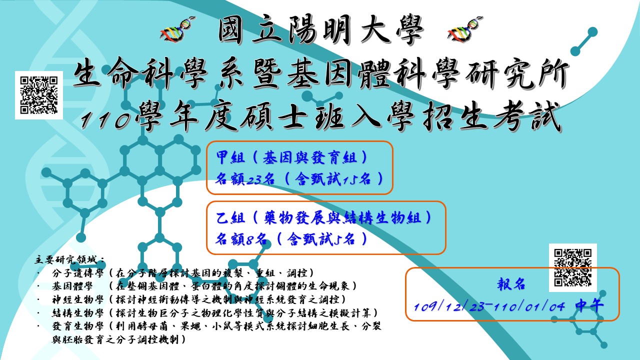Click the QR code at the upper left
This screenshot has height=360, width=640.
coord(39,95)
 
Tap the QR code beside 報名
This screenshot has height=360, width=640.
coord(573,267)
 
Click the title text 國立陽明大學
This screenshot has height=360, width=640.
coord(320,30)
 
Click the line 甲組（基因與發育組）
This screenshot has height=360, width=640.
coord(291,157)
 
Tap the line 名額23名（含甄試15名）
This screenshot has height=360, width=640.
coord(299,179)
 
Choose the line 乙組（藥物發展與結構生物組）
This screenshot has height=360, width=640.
coord(323,218)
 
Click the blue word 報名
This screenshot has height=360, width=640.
coord(511,284)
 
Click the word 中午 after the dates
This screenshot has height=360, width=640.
coord(589,305)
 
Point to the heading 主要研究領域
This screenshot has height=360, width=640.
coord(68,260)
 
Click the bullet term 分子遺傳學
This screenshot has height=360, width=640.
coord(77,273)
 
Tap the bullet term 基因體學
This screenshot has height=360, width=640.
coord(72,286)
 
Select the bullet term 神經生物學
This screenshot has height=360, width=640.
coord(77,299)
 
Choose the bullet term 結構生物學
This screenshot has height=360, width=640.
coord(77,313)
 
